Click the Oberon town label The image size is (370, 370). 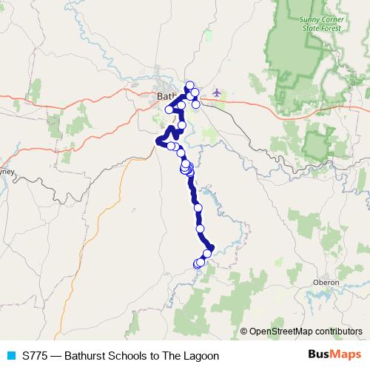[x=326, y=283]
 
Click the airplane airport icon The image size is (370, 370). [x=216, y=92]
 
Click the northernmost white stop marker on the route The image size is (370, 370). [x=189, y=85]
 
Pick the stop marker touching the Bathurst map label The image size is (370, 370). [x=181, y=105]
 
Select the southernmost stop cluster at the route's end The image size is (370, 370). [x=198, y=263]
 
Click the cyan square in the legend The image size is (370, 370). [x=11, y=356]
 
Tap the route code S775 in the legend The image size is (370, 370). [x=36, y=356]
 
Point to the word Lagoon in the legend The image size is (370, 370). [x=201, y=356]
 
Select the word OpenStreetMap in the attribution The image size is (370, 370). [x=281, y=331]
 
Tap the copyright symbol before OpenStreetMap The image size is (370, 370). [x=244, y=331]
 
